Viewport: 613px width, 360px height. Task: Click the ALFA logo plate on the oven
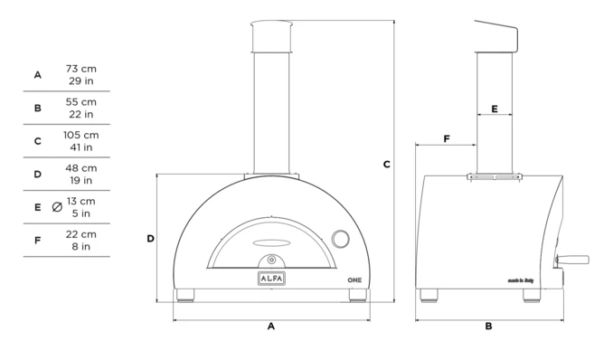coord(271,279)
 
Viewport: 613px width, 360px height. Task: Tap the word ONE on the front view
coord(354,280)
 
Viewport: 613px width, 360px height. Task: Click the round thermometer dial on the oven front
coord(340,239)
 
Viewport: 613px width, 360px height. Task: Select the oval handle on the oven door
coord(272,243)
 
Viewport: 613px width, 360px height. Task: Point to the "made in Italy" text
coord(521,280)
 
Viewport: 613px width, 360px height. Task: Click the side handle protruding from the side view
coord(572,260)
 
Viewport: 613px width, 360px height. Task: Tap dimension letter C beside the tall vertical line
coord(387,165)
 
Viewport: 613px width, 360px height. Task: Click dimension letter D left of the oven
coord(150,238)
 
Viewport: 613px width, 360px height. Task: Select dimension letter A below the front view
coord(271,326)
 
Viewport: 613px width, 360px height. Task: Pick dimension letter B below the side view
coord(488,326)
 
